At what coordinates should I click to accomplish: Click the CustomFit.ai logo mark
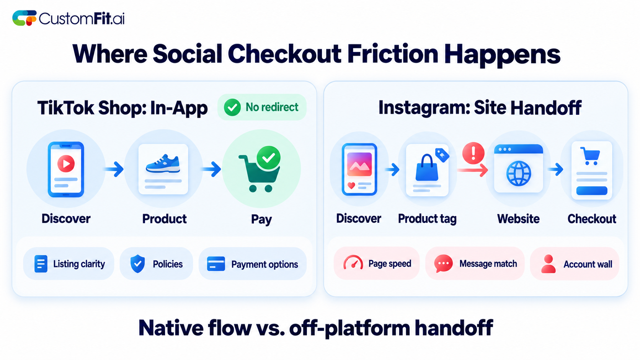click(x=24, y=18)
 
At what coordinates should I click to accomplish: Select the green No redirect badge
click(x=262, y=107)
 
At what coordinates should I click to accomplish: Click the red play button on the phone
click(x=66, y=163)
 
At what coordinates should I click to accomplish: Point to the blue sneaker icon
click(x=163, y=164)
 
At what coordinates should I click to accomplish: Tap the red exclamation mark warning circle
click(x=473, y=153)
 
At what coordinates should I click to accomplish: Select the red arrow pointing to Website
click(x=473, y=171)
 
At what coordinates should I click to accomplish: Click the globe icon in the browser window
click(x=519, y=174)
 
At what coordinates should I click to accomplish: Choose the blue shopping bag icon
click(x=427, y=168)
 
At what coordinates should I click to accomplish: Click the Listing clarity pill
click(x=69, y=264)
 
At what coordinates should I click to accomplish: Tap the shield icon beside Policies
click(x=137, y=264)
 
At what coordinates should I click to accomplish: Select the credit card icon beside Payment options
click(x=216, y=264)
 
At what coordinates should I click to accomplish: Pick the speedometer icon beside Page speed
click(x=353, y=262)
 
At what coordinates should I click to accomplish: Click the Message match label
click(x=488, y=264)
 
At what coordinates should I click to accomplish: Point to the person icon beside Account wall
click(x=548, y=264)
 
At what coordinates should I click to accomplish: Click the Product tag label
click(x=427, y=219)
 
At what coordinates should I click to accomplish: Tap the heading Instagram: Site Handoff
click(x=480, y=108)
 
